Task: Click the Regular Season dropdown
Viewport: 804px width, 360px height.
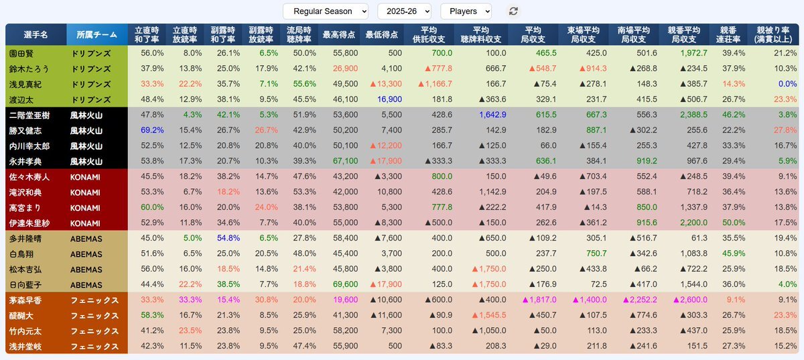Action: click(326, 11)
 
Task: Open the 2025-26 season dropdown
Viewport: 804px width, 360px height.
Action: click(404, 11)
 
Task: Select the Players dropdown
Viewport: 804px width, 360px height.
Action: click(466, 11)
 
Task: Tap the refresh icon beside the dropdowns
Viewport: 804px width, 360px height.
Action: click(514, 11)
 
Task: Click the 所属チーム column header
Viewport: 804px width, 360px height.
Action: click(97, 34)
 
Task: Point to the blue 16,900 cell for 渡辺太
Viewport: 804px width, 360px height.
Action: click(388, 99)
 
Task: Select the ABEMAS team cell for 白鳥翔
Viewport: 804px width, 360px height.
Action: click(86, 253)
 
